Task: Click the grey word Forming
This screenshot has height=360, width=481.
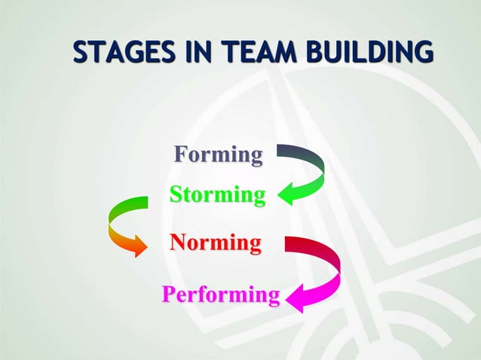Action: (219, 154)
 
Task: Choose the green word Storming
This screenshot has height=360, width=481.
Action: (217, 195)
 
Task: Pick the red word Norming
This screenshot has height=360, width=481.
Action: (216, 243)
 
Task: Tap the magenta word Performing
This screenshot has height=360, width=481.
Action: (221, 294)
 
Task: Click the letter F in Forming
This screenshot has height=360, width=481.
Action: (181, 154)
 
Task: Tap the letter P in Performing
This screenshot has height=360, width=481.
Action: (170, 294)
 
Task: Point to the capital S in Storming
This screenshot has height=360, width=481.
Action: (176, 195)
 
